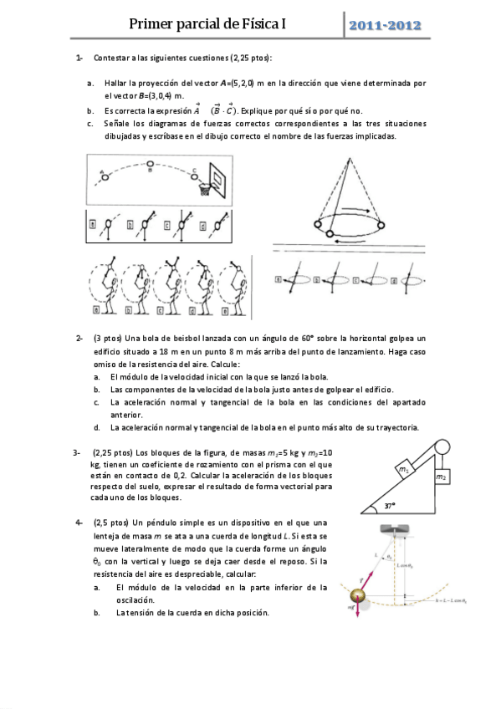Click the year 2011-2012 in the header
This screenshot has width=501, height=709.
pos(386,26)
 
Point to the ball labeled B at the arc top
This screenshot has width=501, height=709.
pos(150,164)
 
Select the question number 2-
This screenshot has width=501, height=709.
pos(79,337)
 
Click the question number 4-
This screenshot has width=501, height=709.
pos(78,523)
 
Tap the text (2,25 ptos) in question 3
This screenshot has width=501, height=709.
pos(112,453)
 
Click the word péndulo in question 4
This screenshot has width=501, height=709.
pos(173,523)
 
